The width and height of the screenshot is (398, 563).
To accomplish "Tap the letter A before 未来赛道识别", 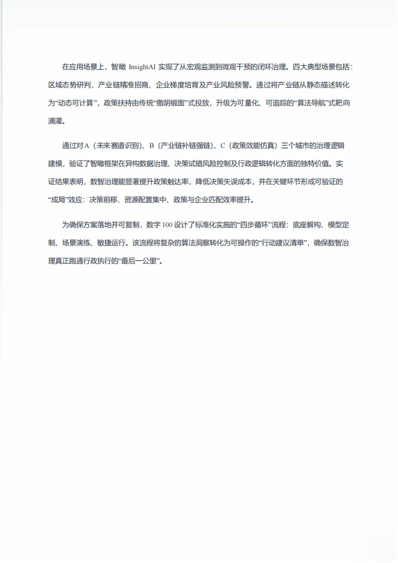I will [86, 146].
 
